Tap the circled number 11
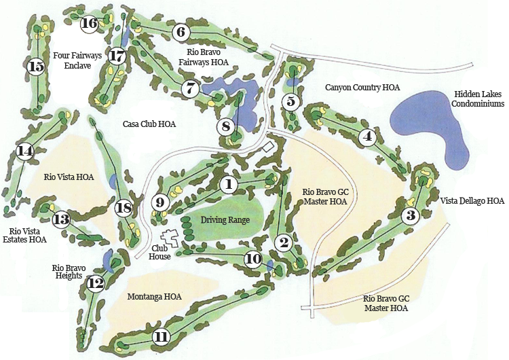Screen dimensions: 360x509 (x=161, y=336)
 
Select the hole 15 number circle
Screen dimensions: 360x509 (x=35, y=67)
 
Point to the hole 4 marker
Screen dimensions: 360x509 (x=368, y=136)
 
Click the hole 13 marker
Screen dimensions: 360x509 (x=61, y=219)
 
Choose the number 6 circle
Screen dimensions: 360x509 (x=181, y=31)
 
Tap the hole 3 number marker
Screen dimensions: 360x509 (x=410, y=216)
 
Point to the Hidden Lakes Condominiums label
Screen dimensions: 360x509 (x=479, y=99)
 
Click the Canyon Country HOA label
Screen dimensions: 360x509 (x=362, y=87)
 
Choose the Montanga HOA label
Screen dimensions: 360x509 (x=155, y=297)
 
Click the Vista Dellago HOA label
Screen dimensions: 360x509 (x=472, y=200)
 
